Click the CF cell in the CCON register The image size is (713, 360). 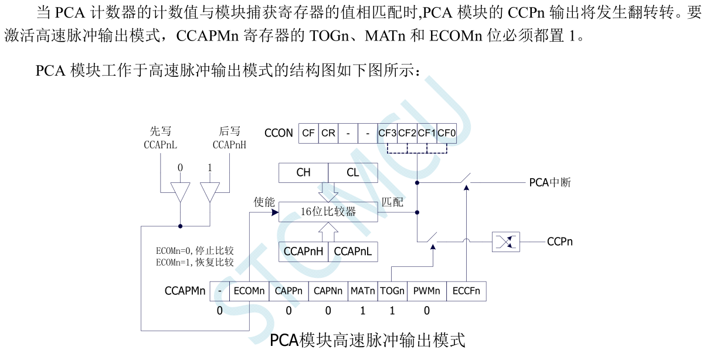click(x=308, y=133)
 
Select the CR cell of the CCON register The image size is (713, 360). click(x=328, y=133)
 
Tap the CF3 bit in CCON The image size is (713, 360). click(x=388, y=133)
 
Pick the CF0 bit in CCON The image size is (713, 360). click(x=447, y=133)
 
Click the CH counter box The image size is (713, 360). click(x=303, y=172)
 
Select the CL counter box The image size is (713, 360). click(x=353, y=172)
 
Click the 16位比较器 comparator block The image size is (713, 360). click(x=328, y=212)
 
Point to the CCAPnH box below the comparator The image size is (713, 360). click(x=303, y=251)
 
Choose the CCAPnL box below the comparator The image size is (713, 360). click(x=353, y=251)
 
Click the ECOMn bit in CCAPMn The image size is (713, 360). click(x=249, y=291)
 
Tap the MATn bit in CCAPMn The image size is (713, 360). click(x=362, y=291)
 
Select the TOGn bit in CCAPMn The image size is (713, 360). click(x=392, y=291)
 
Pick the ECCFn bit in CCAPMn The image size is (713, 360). click(x=466, y=291)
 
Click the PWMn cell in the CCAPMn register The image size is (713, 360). click(x=426, y=291)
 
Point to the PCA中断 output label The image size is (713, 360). click(x=549, y=182)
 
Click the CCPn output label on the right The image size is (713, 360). click(x=559, y=242)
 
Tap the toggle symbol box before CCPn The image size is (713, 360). click(x=505, y=242)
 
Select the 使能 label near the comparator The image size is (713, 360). click(x=264, y=202)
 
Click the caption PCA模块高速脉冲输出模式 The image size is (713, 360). click(x=368, y=340)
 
